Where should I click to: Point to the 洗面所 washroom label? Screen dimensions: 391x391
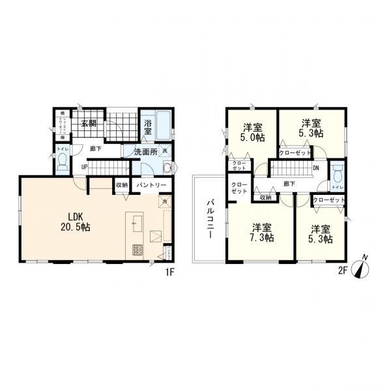coord(145,152)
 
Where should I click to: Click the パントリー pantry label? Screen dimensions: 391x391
coord(152,186)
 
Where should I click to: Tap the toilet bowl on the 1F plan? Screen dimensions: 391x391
coord(62,164)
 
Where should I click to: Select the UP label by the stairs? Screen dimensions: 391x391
coord(84,166)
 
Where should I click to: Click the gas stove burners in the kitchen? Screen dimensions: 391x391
coord(138,249)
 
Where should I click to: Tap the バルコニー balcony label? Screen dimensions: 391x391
coord(210,220)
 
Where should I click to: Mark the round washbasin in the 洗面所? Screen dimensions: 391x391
coord(166,167)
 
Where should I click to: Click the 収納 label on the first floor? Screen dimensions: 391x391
coord(121,185)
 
